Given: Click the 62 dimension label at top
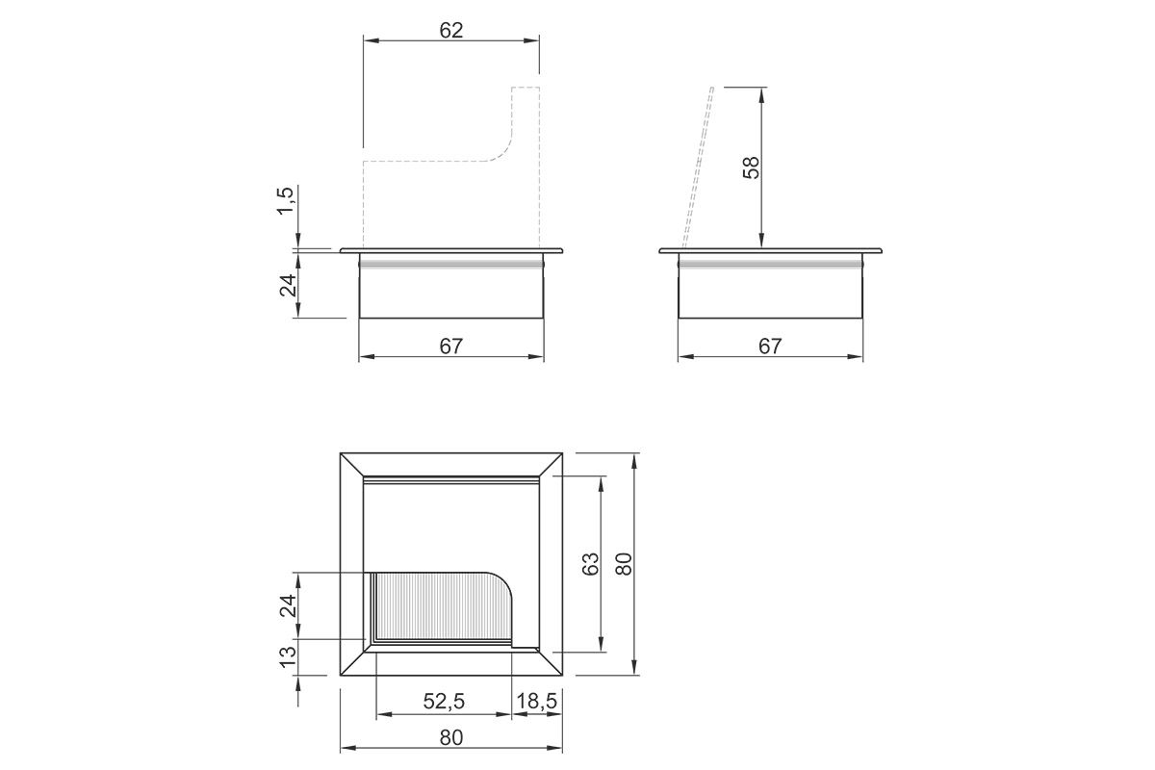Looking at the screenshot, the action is (x=451, y=31).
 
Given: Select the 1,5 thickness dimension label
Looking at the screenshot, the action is (x=285, y=200).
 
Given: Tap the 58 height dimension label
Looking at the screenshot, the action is (x=752, y=167).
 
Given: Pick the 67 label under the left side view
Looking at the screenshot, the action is (x=451, y=346).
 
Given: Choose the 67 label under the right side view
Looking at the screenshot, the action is (x=770, y=346).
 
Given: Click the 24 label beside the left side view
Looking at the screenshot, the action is (x=288, y=285).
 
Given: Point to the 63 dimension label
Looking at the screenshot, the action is (x=590, y=564).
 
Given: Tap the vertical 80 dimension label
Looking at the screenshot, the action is (x=624, y=564).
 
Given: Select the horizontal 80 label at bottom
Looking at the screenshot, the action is (x=451, y=738).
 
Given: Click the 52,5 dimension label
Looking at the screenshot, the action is (x=444, y=701).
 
